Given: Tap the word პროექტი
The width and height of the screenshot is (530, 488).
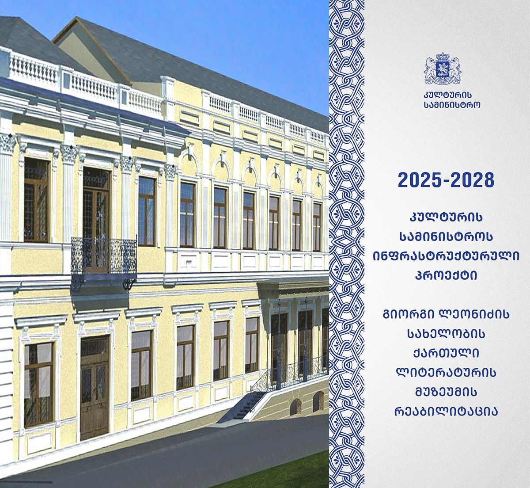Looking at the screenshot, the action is click(446, 275).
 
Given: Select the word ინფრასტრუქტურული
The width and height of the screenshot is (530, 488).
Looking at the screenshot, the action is click(446, 256).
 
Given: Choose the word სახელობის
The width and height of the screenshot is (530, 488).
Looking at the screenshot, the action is click(446, 334).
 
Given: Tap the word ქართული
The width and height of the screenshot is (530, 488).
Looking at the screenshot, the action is click(446, 354).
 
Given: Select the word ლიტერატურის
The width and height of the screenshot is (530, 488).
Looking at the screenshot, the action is click(446, 373).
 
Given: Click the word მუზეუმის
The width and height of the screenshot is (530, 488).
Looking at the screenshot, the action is click(446, 393).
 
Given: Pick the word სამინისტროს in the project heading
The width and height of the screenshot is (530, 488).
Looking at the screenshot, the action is click(446, 237).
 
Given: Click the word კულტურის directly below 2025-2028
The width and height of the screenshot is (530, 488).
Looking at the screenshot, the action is click(446, 217).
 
